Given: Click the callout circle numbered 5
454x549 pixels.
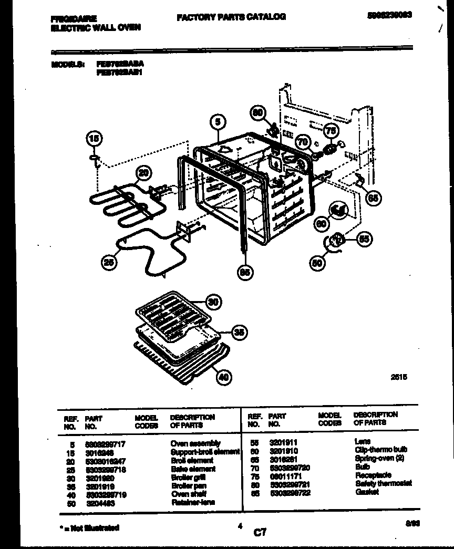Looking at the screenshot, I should tap(219, 122).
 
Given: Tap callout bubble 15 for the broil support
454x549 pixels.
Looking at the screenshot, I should tap(93, 139).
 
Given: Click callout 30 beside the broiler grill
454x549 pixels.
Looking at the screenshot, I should tap(213, 302).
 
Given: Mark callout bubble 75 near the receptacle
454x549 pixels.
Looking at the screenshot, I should tap(330, 131).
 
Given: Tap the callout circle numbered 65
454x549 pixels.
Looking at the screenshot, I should tap(374, 198).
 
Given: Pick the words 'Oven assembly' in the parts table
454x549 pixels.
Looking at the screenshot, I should tap(195, 443).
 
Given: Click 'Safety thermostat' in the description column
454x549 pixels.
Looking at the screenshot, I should tap(384, 483).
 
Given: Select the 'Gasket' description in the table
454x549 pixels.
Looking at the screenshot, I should tap(367, 492).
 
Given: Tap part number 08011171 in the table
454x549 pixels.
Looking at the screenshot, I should tap(284, 475).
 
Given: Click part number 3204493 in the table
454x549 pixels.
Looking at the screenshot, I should tap(100, 503).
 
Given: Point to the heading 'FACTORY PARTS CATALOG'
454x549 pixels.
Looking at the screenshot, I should tap(231, 17).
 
